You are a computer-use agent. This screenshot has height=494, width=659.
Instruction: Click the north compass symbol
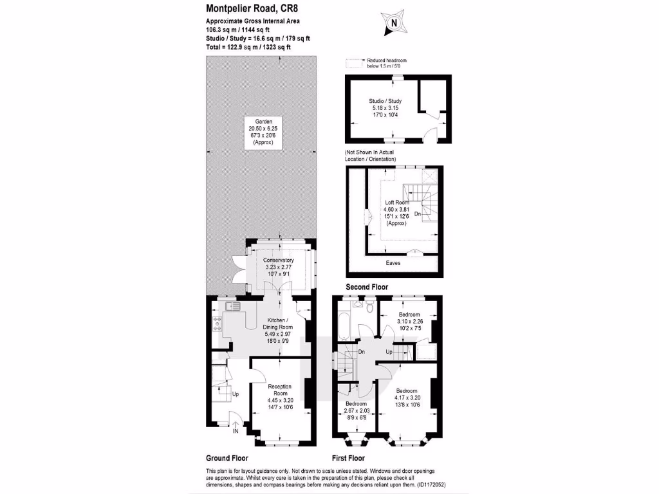pos(393,23)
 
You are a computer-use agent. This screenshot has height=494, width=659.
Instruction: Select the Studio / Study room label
pos(386,108)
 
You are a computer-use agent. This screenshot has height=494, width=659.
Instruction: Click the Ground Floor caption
pos(227,459)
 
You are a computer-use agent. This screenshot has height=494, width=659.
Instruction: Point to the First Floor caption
pos(348,459)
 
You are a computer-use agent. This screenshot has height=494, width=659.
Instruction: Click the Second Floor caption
pos(367,287)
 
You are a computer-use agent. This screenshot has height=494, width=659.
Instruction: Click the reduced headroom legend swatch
pos(351,63)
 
